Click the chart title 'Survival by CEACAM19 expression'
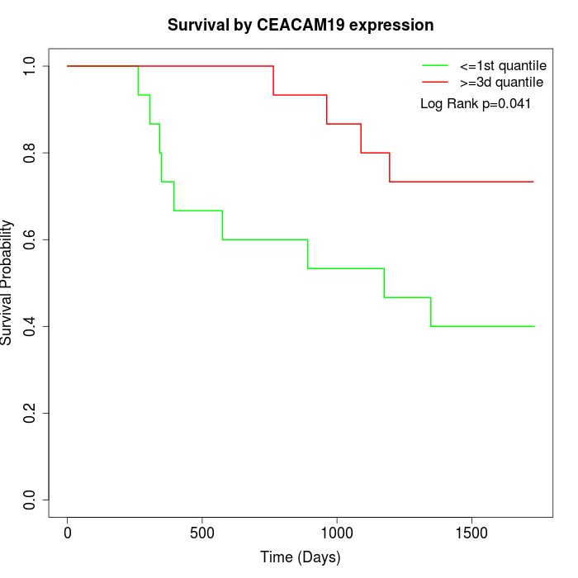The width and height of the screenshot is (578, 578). click(x=301, y=25)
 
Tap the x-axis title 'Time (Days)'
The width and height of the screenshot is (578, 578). click(x=301, y=557)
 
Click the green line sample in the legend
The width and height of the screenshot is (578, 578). click(x=435, y=65)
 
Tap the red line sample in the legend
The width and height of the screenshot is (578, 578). click(x=435, y=82)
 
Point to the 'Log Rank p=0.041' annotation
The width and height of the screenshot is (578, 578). click(x=476, y=104)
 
